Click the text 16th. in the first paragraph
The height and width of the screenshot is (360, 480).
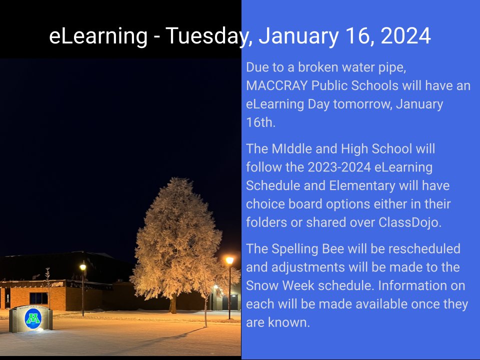[260, 122]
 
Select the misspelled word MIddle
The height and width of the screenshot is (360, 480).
[290, 149]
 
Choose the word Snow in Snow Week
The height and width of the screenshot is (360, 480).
[261, 285]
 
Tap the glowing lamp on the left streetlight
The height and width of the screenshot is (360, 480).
[83, 267]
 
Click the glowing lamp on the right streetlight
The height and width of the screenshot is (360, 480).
[229, 260]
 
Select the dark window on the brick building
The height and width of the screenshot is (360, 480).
[38, 298]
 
